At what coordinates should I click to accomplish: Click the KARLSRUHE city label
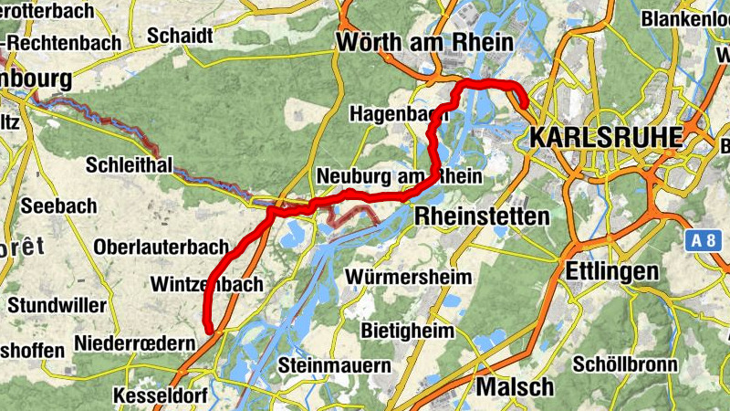click(x=605, y=137)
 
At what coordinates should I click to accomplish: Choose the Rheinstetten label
click(x=482, y=216)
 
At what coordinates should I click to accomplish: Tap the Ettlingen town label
click(x=611, y=271)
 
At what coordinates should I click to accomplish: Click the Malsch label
click(x=515, y=386)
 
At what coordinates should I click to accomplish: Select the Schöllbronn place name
click(x=625, y=364)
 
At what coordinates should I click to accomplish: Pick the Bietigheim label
click(x=407, y=330)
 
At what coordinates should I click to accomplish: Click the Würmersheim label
click(x=410, y=276)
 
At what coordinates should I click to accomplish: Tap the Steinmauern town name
click(x=335, y=365)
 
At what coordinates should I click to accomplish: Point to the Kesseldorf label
click(x=161, y=395)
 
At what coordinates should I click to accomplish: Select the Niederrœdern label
click(x=135, y=343)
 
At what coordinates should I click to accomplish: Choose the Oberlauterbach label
click(x=161, y=248)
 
